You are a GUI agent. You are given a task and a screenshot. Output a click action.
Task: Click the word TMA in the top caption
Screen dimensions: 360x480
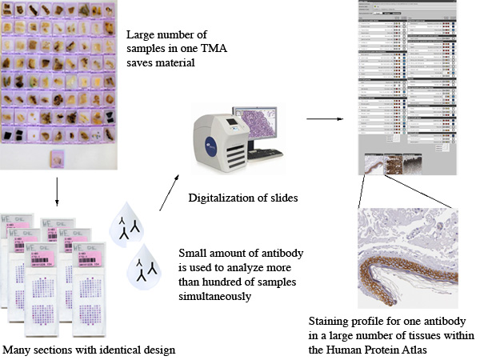point(211,51)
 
